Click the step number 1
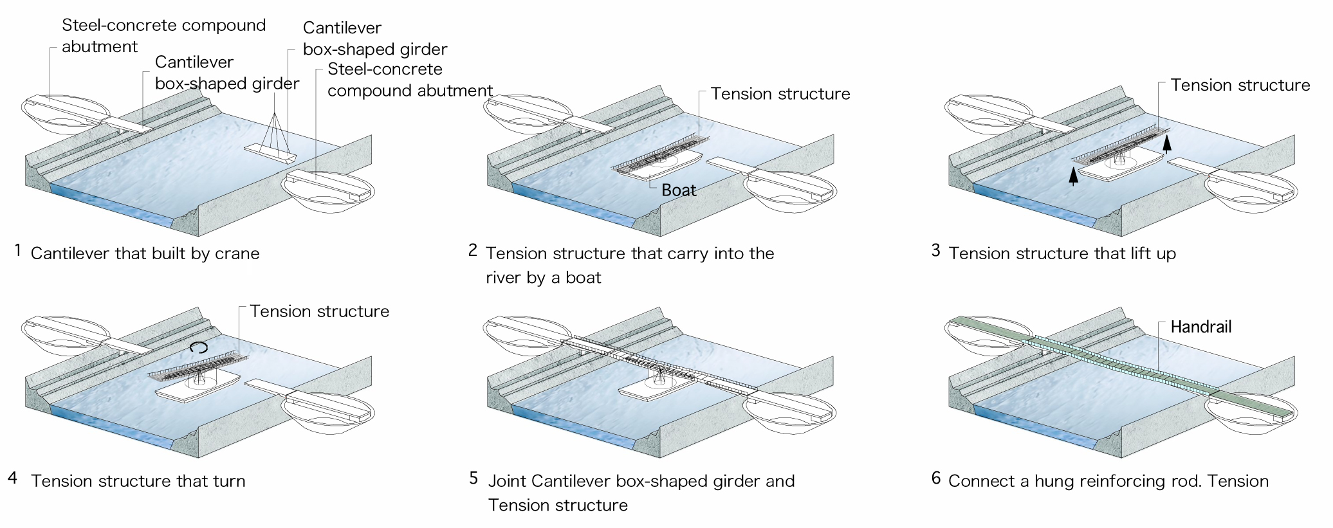[x=18, y=250]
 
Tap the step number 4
[x=13, y=478]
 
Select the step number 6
[x=936, y=478]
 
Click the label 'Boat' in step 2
[x=679, y=190]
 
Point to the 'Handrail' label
[x=1200, y=327]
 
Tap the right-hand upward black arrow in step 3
[x=1167, y=142]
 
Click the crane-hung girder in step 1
[x=270, y=153]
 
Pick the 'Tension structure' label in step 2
[x=780, y=94]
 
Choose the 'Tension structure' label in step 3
[x=1240, y=86]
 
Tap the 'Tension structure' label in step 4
[x=319, y=311]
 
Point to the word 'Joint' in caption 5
[x=508, y=481]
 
